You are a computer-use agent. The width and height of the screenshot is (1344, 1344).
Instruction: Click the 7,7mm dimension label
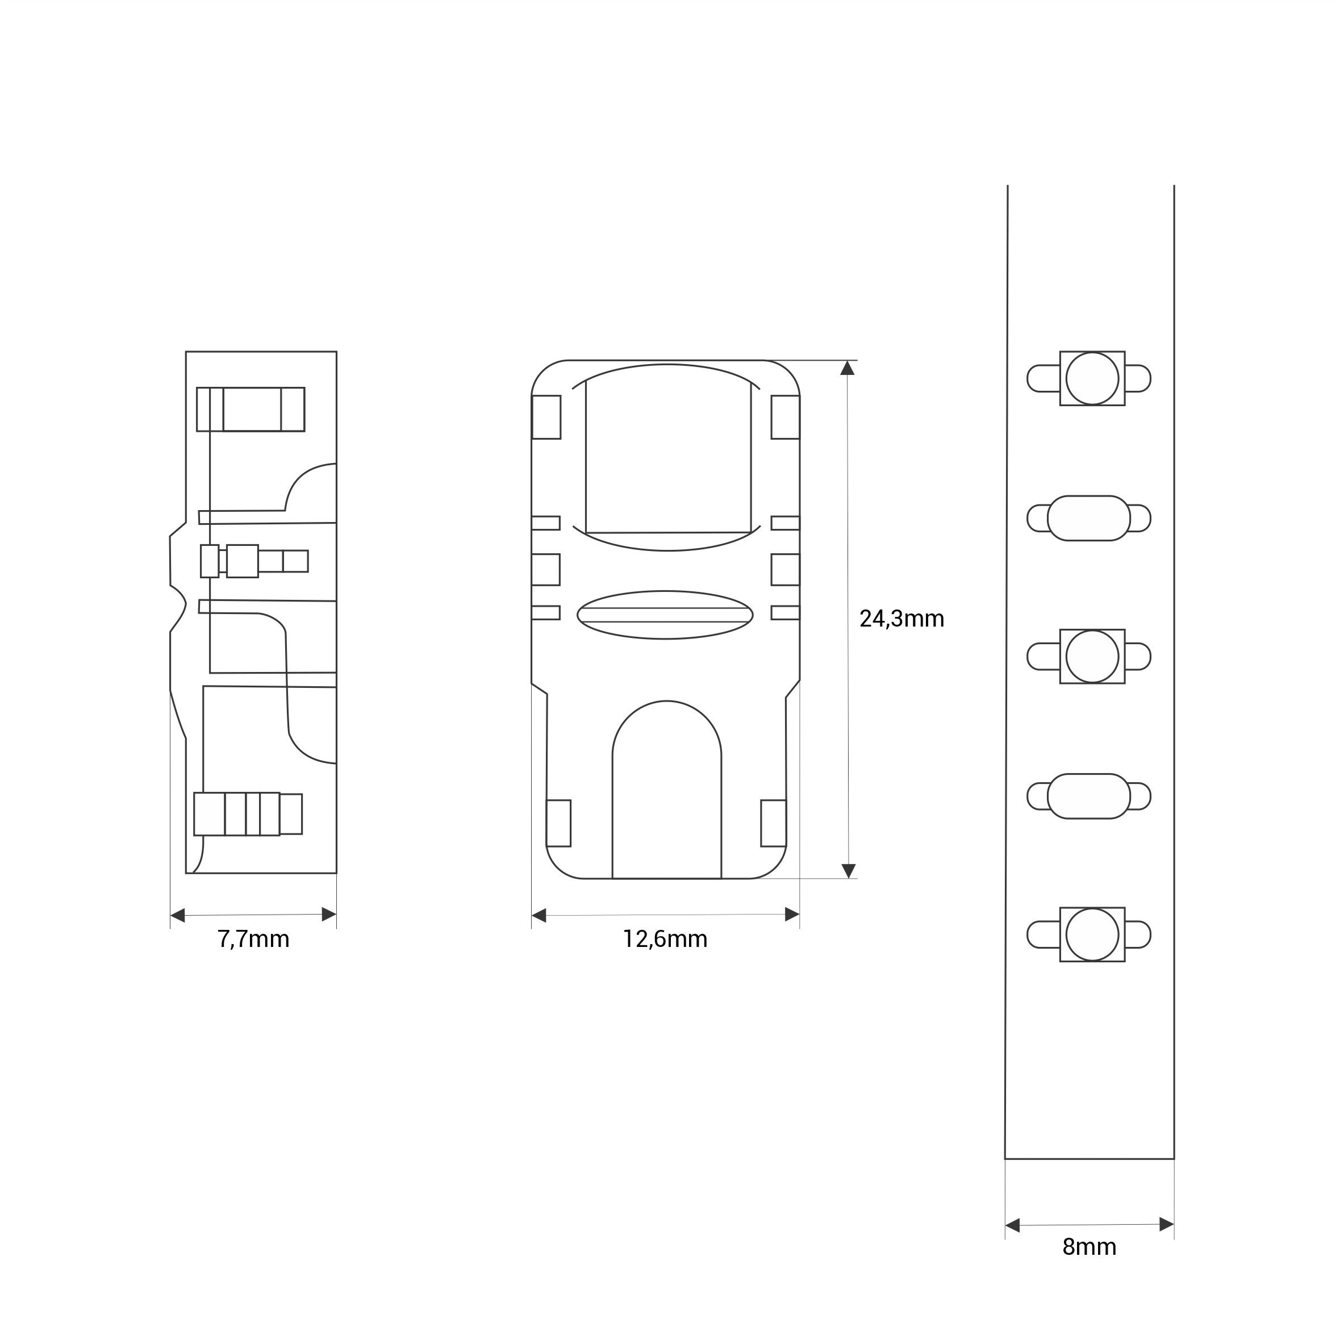click(x=253, y=939)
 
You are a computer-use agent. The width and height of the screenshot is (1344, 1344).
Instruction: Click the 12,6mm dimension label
click(x=665, y=939)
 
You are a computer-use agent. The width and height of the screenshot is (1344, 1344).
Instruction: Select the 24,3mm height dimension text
click(x=901, y=619)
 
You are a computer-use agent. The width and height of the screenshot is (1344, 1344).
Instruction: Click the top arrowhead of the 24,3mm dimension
click(x=848, y=368)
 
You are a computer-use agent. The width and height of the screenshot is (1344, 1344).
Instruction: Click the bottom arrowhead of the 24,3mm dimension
click(x=848, y=870)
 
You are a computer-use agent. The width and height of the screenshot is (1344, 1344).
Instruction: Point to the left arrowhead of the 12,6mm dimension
click(x=539, y=915)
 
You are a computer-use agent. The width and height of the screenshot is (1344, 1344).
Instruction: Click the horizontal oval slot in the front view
click(x=665, y=615)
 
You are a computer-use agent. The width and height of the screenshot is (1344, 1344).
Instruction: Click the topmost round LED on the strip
click(x=1092, y=378)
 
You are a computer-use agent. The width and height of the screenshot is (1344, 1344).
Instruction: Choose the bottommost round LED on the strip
click(x=1092, y=935)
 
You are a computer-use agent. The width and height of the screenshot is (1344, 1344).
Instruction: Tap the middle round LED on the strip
click(x=1092, y=656)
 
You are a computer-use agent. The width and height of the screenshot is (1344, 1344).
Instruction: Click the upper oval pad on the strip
click(x=1089, y=518)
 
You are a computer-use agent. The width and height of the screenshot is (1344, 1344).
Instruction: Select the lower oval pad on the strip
click(x=1089, y=796)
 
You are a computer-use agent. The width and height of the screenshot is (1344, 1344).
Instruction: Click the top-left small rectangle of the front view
click(x=546, y=417)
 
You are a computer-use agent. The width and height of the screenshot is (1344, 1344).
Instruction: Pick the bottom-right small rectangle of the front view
click(x=773, y=824)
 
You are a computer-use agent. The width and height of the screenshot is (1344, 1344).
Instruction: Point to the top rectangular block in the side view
click(x=251, y=409)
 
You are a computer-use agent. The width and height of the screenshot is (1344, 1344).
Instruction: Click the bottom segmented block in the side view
click(x=248, y=814)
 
